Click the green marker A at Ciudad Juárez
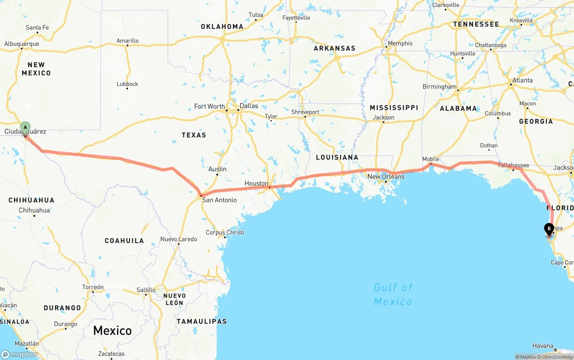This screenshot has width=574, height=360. coord(26,127)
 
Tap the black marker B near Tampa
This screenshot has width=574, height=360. coord(548,229)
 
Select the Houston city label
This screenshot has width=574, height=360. coord(256,183)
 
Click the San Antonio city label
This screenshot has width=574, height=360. coord(219,200)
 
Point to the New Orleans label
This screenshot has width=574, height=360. coord(386,177)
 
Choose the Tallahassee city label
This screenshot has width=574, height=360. coord(513,165)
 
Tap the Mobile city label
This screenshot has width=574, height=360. coord(430,159)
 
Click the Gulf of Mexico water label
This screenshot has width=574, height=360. coord(393,294)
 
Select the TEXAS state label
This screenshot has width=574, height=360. coord(194,135)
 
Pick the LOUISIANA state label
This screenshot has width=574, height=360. coord(337,157)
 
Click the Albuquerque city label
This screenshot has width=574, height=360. coord(22,44)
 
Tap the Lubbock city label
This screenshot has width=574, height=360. coord(127,84)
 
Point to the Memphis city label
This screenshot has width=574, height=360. coord(400,43)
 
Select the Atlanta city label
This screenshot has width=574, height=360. coord(522,81)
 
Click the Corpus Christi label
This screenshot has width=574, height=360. coord(225,232)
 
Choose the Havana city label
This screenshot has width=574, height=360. coord(543,346)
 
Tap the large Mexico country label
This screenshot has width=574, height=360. coord(112,331)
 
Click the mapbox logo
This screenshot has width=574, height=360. coord(19,354)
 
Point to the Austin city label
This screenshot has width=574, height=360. coord(217,169)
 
